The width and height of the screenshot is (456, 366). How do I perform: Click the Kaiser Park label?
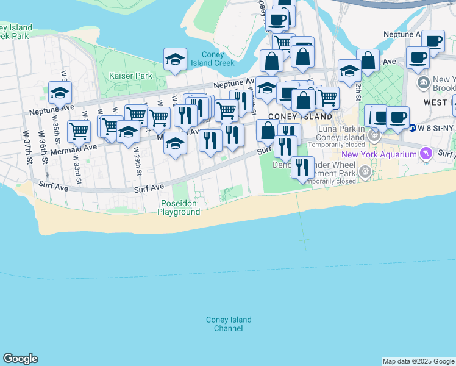(130, 76)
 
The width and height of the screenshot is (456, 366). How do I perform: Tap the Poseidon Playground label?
(179, 207)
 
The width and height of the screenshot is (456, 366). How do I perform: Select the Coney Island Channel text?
(229, 324)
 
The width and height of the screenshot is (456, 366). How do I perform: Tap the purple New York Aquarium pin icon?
(426, 154)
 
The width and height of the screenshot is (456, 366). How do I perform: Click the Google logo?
(20, 359)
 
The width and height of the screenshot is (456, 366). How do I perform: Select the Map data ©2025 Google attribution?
(418, 361)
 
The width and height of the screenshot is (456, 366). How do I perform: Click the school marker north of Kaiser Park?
(175, 59)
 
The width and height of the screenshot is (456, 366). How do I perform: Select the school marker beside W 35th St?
(60, 93)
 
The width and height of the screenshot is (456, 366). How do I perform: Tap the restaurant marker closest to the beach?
(302, 167)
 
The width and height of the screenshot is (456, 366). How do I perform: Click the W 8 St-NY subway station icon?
(413, 128)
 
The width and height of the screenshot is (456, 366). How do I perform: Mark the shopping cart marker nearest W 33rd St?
(79, 131)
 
